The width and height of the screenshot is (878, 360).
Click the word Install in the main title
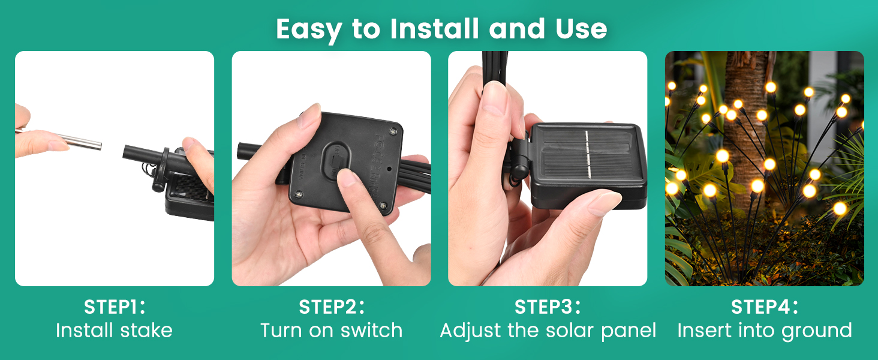pyautogui.click(x=434, y=29)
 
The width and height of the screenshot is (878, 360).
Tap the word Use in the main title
pyautogui.click(x=581, y=29)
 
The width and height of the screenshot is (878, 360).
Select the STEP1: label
pyautogui.click(x=115, y=307)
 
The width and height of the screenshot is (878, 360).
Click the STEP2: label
pyautogui.click(x=332, y=307)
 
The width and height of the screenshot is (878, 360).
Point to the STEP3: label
pyautogui.click(x=548, y=307)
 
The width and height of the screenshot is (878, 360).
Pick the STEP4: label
pyautogui.click(x=764, y=307)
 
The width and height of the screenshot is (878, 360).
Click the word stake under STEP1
pyautogui.click(x=146, y=330)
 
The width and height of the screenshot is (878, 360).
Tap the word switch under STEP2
pyautogui.click(x=372, y=330)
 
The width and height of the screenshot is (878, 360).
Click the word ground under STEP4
pyautogui.click(x=817, y=332)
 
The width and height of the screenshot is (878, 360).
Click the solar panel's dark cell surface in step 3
pyautogui.click(x=587, y=154)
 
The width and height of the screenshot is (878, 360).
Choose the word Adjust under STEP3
pyautogui.click(x=471, y=331)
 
